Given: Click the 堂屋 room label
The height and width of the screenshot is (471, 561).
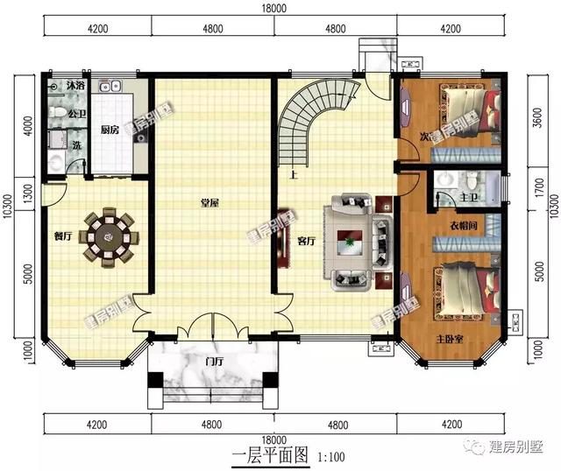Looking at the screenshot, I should click(209, 203).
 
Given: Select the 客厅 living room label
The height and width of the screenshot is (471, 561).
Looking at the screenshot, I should click(306, 241).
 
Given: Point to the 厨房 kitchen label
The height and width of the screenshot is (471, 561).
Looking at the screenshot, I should click(110, 130).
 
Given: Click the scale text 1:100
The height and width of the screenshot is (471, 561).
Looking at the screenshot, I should click(330, 456).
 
